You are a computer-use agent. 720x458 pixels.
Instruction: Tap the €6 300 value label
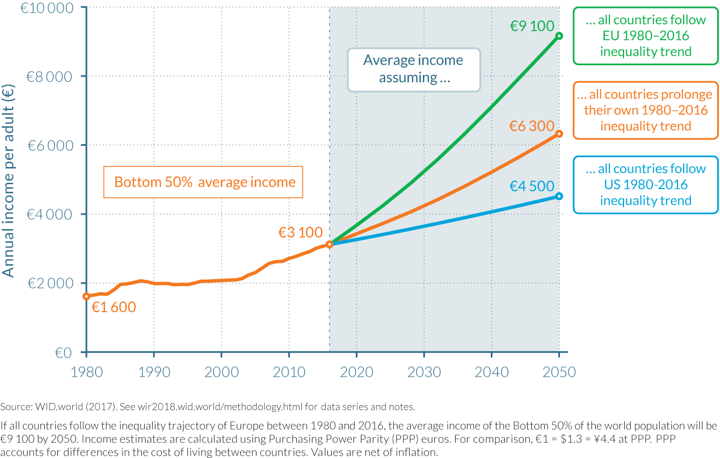[531, 126]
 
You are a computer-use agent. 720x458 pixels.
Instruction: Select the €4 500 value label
[531, 186]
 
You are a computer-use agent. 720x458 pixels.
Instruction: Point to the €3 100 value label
[300, 232]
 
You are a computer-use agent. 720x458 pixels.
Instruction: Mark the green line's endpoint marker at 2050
[559, 36]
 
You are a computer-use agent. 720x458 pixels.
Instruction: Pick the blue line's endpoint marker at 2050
[559, 196]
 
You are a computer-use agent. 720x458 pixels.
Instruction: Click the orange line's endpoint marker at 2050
[559, 134]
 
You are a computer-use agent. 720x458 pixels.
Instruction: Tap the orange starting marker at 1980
[86, 296]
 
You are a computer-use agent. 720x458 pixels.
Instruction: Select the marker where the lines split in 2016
[329, 244]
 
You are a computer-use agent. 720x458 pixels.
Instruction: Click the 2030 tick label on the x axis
[424, 372]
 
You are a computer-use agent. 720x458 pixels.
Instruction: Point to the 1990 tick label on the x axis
[154, 372]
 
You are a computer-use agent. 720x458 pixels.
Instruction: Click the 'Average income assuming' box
[414, 69]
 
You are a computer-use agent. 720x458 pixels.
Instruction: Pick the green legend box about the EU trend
[645, 36]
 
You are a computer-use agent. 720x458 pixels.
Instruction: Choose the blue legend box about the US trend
[645, 185]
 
